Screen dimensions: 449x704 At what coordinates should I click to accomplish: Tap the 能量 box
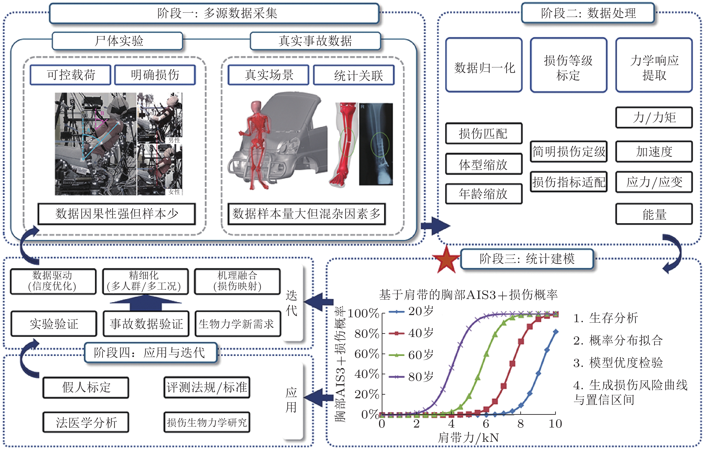[x=654, y=214]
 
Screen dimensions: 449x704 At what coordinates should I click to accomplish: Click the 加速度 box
[x=654, y=152]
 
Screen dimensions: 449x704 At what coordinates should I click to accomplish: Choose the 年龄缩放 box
[x=484, y=194]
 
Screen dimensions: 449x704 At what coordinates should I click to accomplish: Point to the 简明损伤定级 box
[x=569, y=152]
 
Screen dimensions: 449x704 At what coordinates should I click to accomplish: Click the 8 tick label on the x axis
[x=520, y=424]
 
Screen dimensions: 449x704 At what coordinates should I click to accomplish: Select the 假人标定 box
[x=86, y=388]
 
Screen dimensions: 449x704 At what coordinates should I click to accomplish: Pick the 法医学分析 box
[x=86, y=422]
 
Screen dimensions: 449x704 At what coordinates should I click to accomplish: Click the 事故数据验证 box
[x=146, y=324]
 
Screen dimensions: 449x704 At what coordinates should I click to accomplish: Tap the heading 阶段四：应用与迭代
[x=150, y=352]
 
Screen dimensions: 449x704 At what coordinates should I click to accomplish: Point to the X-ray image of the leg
[x=376, y=144]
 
